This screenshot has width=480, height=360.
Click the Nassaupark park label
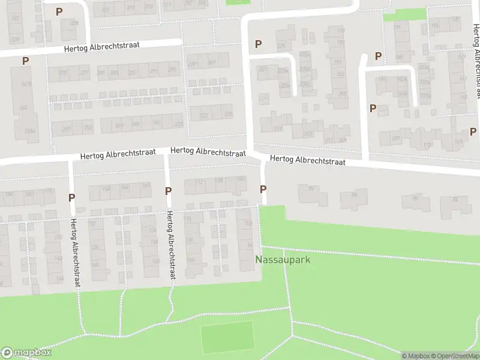tap(282, 260)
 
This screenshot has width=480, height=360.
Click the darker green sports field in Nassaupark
tap(227, 337)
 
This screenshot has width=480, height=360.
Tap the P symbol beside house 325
tap(59, 11)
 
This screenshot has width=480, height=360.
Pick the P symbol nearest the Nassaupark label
tap(263, 190)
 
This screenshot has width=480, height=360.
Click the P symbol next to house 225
tap(259, 44)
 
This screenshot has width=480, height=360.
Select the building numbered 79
tap(311, 190)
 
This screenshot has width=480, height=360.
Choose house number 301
tap(212, 62)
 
